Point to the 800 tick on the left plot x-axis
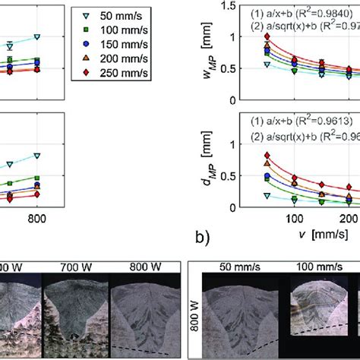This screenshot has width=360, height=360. point(36,219)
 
